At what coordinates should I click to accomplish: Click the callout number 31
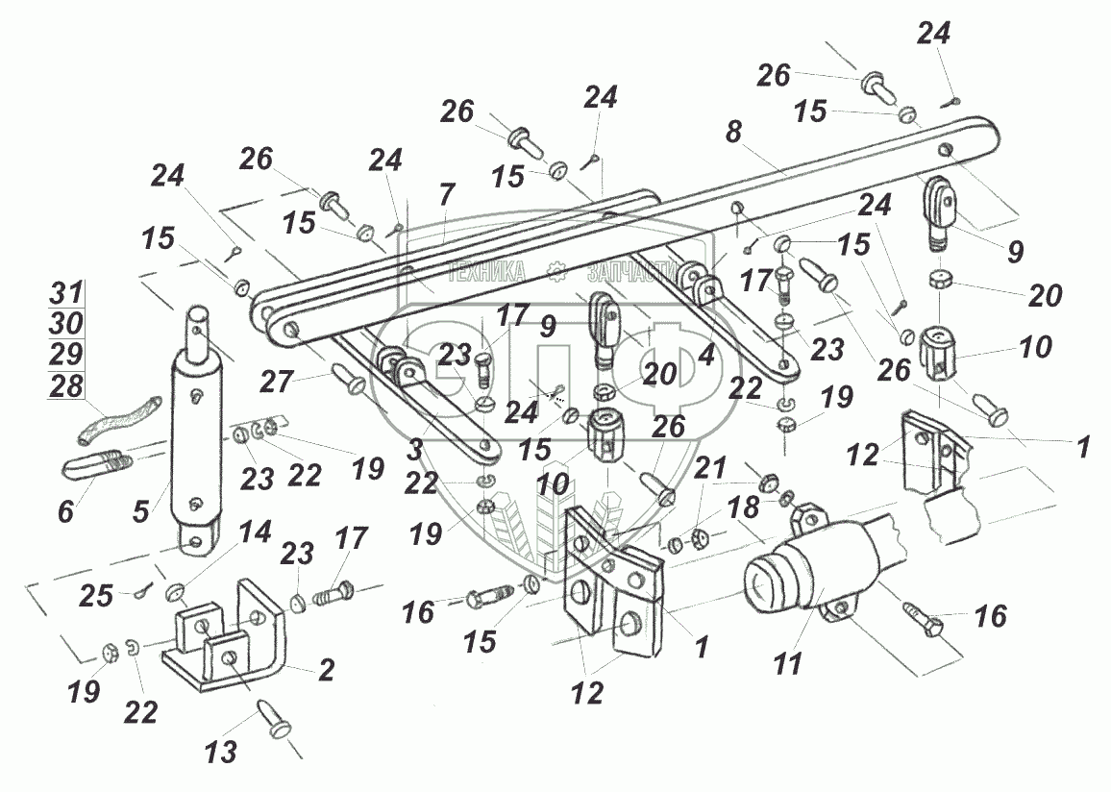point(65,293)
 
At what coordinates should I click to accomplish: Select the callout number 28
point(65,387)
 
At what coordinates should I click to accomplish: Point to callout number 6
point(65,512)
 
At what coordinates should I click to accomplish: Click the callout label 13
point(221,752)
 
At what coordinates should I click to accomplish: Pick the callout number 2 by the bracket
point(327,670)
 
